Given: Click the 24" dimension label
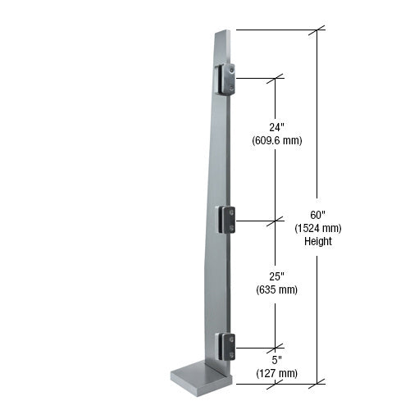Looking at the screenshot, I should point(276,127).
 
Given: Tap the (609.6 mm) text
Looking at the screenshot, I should point(276,140).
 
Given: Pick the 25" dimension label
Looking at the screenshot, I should point(276,276).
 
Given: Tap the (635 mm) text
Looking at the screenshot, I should point(276,289).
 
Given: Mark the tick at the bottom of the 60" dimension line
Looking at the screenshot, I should point(319,381).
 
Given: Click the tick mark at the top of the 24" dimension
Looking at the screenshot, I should point(276,79).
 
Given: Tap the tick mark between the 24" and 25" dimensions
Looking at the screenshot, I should point(276,221).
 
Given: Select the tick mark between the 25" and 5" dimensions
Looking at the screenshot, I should point(276,346).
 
